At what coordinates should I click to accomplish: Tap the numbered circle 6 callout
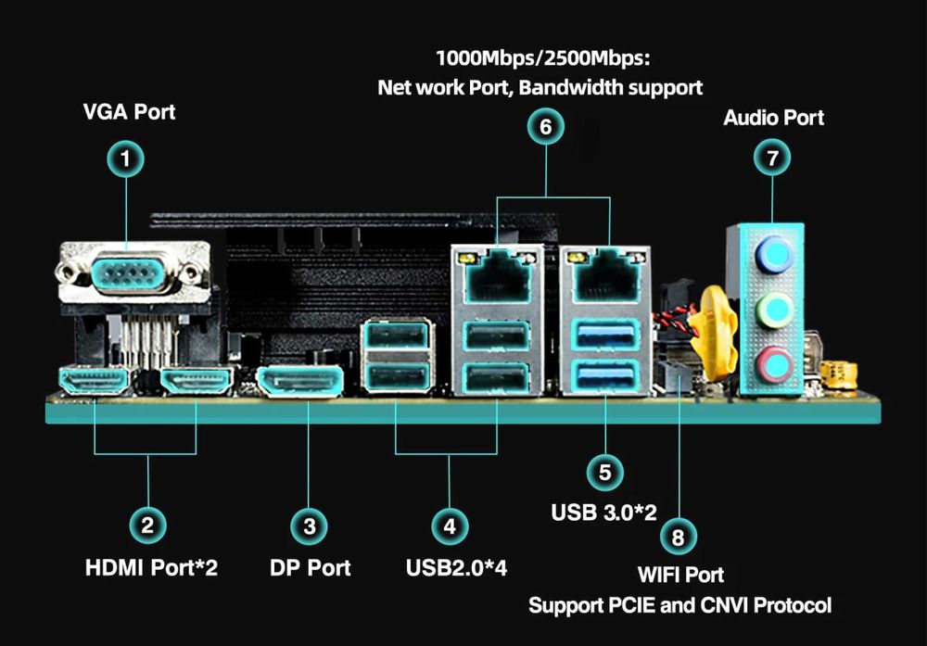click(545, 126)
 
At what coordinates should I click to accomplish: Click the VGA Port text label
click(129, 113)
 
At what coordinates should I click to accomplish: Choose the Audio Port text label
click(773, 118)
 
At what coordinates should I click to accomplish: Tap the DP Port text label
click(310, 567)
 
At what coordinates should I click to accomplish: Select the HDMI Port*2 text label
click(151, 567)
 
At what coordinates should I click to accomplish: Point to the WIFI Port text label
click(680, 576)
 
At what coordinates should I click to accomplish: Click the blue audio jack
click(773, 253)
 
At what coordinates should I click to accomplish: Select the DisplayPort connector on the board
click(299, 381)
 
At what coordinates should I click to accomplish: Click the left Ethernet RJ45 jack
click(497, 272)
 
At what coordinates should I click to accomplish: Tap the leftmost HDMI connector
click(94, 381)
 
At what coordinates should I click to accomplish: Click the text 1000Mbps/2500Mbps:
click(543, 59)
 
